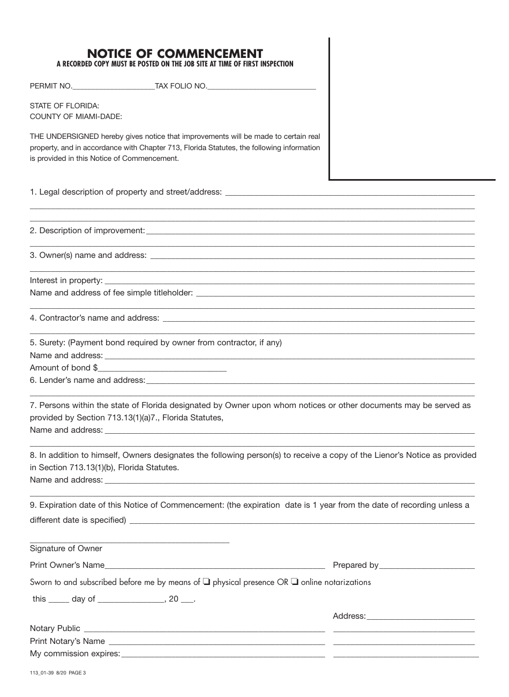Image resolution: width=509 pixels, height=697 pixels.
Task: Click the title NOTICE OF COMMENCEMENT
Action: [x=175, y=54]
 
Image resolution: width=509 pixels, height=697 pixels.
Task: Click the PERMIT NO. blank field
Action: [x=113, y=86]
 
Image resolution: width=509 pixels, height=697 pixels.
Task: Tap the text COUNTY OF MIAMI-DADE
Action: [x=76, y=116]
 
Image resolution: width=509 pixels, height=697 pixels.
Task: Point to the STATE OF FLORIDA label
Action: [x=64, y=106]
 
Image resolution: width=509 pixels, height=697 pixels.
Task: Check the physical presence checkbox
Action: [x=206, y=582]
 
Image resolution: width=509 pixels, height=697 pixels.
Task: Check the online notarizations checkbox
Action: [x=295, y=582]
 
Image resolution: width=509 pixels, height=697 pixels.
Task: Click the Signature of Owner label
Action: [x=66, y=548]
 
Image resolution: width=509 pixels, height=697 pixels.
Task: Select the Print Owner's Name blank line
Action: [x=214, y=565]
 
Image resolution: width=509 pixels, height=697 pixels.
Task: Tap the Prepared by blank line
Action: [x=426, y=565]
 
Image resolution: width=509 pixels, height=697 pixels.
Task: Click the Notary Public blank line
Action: [x=204, y=629]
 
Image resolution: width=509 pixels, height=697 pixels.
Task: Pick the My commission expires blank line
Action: [x=222, y=654]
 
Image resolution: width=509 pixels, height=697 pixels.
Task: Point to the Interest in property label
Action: [x=66, y=280]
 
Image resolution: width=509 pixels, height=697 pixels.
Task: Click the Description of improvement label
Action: [x=87, y=231]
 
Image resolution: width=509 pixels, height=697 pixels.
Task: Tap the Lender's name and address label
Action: [x=87, y=380]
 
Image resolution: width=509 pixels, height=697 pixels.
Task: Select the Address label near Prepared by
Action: [x=349, y=616]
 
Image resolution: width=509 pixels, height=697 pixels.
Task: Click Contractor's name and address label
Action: [x=94, y=318]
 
